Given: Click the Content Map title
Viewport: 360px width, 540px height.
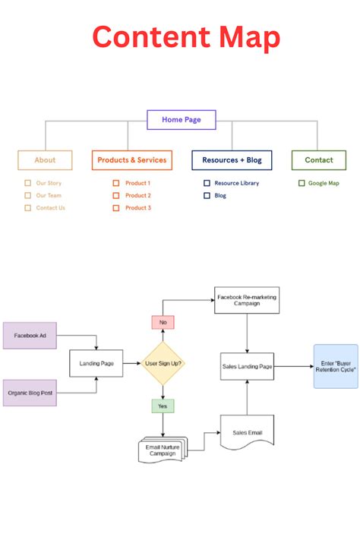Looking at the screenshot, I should (186, 38).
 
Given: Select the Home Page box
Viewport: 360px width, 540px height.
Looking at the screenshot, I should (181, 119).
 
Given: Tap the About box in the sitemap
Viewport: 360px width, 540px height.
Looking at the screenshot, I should (46, 160).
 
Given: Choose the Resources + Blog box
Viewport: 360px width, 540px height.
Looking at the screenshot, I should (231, 160).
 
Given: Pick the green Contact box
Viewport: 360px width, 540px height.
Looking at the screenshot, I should (319, 160).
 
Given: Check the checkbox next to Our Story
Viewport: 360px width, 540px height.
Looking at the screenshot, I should (28, 183).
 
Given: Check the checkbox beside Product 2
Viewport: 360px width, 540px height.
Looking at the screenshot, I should (116, 195).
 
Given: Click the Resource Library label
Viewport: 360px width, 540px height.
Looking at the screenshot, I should (236, 183).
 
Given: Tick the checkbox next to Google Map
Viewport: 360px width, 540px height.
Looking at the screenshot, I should (302, 183).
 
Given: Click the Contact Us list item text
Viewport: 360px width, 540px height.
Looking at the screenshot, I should (51, 207).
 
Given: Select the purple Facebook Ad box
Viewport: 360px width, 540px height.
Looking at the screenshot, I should (30, 335).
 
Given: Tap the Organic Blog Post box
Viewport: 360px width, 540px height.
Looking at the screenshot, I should (30, 393).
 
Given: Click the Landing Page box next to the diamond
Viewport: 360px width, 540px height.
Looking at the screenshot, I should (96, 364).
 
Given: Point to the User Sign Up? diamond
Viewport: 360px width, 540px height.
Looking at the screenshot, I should (163, 364).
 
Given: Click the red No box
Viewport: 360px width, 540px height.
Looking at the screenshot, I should (163, 322).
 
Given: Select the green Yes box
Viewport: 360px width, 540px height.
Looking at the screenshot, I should (163, 406).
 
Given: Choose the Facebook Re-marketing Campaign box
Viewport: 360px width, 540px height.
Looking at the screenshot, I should (247, 299).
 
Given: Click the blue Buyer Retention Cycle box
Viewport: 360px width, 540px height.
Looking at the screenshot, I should (336, 366).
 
